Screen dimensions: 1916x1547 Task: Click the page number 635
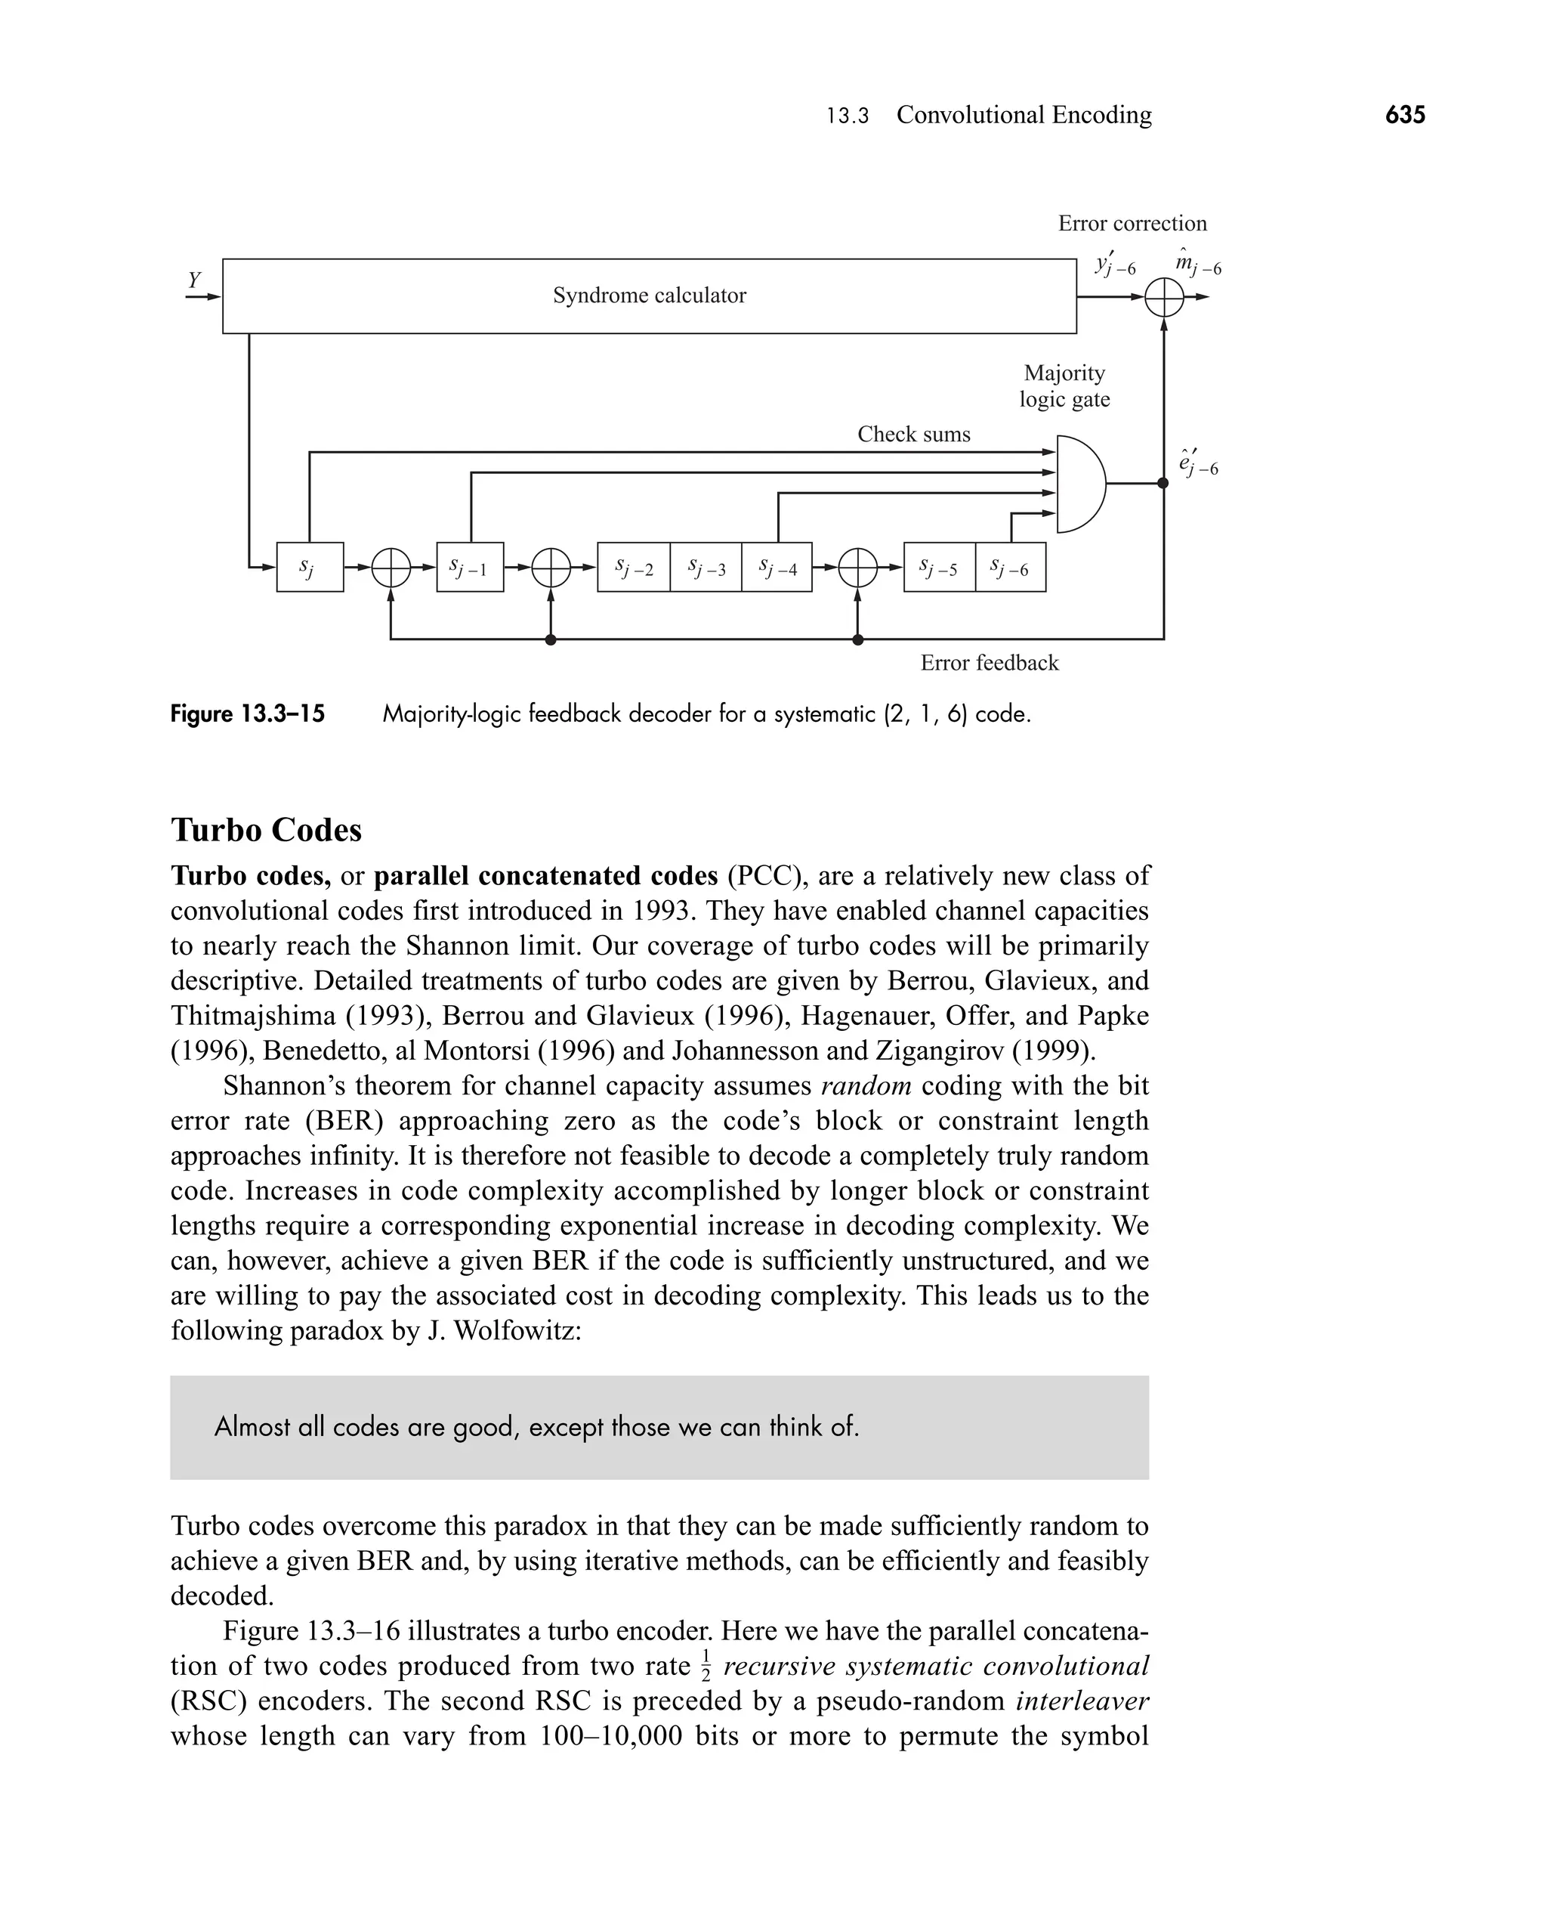1404,115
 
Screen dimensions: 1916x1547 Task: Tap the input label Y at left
194,280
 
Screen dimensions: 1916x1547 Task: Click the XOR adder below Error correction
1163,297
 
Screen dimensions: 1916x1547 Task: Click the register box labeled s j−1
470,567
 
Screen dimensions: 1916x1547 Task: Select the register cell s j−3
706,567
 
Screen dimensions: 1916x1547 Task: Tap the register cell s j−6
1010,567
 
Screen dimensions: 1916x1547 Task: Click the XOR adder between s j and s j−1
391,567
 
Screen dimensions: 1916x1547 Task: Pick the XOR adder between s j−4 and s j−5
857,567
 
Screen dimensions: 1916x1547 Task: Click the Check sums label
913,434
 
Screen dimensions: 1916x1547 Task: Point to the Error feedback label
989,662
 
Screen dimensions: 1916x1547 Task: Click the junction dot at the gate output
1163,483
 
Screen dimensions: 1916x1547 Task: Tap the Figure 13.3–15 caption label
248,714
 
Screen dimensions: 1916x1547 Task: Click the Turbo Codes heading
267,830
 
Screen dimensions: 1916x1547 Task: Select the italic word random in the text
866,1086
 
